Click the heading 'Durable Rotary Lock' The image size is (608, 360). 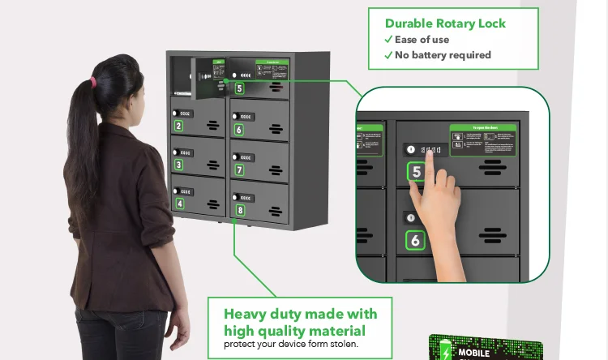(x=445, y=24)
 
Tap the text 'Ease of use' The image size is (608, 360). (x=421, y=40)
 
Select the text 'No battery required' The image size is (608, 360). (x=443, y=55)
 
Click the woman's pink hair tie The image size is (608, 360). (x=94, y=82)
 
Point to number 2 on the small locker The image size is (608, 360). (x=178, y=126)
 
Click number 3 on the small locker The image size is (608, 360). (x=179, y=165)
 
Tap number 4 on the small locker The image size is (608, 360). (x=179, y=204)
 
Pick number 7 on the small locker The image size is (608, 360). (x=239, y=170)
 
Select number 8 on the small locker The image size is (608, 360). (x=240, y=211)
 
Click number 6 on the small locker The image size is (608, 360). (x=238, y=129)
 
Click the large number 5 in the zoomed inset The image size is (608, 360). (x=417, y=172)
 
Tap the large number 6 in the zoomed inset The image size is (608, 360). (x=415, y=240)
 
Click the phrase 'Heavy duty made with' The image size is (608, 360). (x=300, y=314)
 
